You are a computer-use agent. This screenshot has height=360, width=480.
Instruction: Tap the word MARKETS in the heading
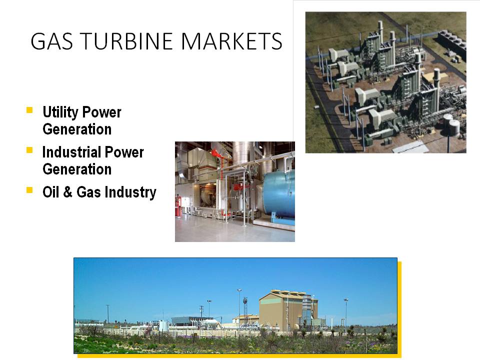(231, 41)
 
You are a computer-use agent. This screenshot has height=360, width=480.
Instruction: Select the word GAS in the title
(52, 41)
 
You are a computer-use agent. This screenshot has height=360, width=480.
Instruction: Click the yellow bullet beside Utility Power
(29, 110)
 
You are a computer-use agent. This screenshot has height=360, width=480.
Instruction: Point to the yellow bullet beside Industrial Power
(29, 150)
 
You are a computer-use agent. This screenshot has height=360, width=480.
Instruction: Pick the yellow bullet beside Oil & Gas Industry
(29, 190)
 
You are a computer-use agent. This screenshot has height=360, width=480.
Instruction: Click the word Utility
(60, 112)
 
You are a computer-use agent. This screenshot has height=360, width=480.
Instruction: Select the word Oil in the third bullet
(50, 192)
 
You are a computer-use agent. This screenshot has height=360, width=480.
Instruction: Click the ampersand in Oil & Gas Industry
(67, 192)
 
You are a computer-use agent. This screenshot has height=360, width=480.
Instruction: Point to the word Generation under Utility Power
(77, 129)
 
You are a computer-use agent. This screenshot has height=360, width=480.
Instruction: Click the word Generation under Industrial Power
(77, 169)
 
